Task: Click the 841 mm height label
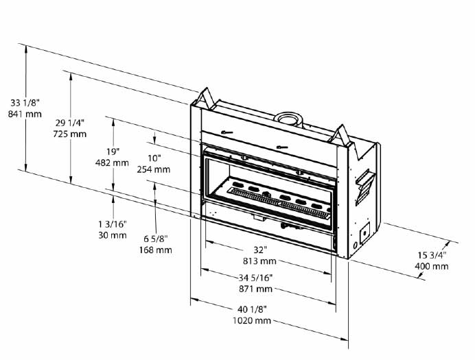click(25, 114)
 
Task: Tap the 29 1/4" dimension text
click(70, 123)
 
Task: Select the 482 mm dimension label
click(112, 163)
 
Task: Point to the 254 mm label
click(154, 169)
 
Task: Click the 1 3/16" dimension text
click(113, 224)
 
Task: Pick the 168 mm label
click(156, 250)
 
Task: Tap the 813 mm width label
click(259, 261)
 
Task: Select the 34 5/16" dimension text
click(255, 277)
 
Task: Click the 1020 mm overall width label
click(252, 320)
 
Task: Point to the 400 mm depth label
click(432, 267)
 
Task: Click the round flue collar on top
click(288, 119)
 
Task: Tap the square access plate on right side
click(364, 232)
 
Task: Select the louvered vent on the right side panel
click(366, 187)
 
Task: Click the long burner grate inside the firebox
click(279, 203)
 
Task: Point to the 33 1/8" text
click(25, 103)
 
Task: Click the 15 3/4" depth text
click(432, 255)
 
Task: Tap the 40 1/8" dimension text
click(252, 309)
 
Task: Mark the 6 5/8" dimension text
click(156, 239)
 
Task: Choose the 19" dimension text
click(113, 152)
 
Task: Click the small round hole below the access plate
click(355, 245)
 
